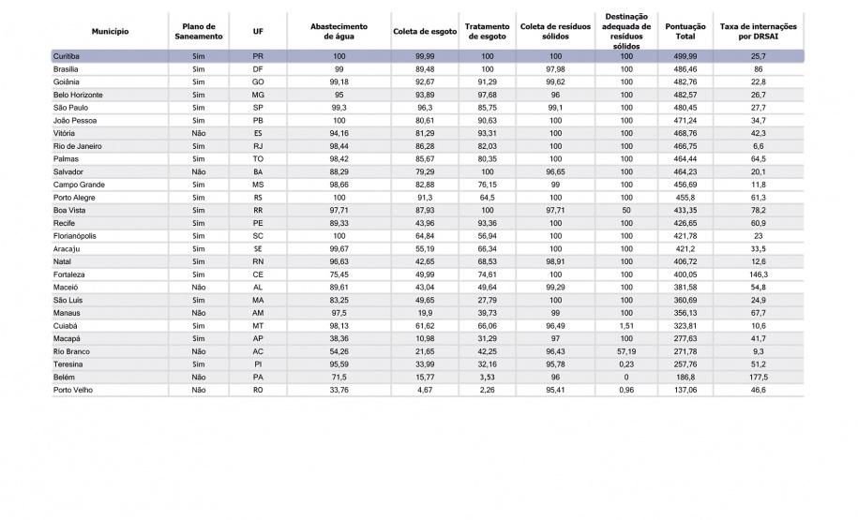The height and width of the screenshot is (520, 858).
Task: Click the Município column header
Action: [x=110, y=31]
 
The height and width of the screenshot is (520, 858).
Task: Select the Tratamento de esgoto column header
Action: [x=487, y=31]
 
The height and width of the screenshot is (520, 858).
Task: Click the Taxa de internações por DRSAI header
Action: [x=758, y=31]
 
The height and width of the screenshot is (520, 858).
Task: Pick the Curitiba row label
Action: [x=67, y=57]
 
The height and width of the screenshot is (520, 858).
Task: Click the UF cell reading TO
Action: [x=258, y=159]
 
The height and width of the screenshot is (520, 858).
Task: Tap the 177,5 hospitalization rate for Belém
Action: [x=758, y=376]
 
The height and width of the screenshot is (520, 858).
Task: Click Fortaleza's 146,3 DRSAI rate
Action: [x=758, y=274]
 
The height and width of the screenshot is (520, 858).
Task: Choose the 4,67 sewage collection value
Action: [x=425, y=389]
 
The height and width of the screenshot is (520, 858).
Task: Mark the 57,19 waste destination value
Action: [x=626, y=350]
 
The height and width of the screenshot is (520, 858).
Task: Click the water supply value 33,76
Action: [x=339, y=389]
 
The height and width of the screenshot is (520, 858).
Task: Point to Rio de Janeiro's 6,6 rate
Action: [x=758, y=146]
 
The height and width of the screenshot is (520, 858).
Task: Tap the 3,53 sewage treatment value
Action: [x=487, y=376]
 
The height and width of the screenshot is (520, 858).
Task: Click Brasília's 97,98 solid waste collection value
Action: [x=555, y=69]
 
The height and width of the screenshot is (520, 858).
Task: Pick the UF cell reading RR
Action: [x=258, y=210]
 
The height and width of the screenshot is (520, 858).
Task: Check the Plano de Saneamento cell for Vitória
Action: [x=198, y=133]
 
